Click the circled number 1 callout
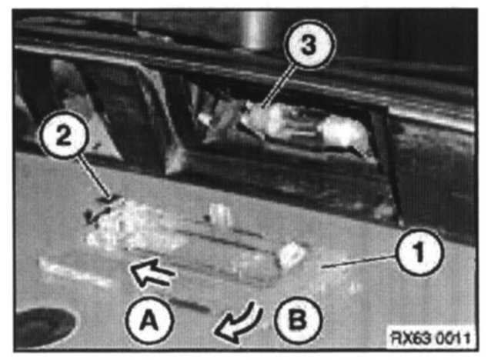(419, 252)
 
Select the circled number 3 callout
(309, 44)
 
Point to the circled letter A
(149, 320)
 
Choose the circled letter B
(298, 320)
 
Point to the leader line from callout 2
(93, 177)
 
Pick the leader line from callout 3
(279, 85)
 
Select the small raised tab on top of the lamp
(220, 215)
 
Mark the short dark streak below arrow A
(190, 305)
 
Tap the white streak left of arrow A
(75, 272)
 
